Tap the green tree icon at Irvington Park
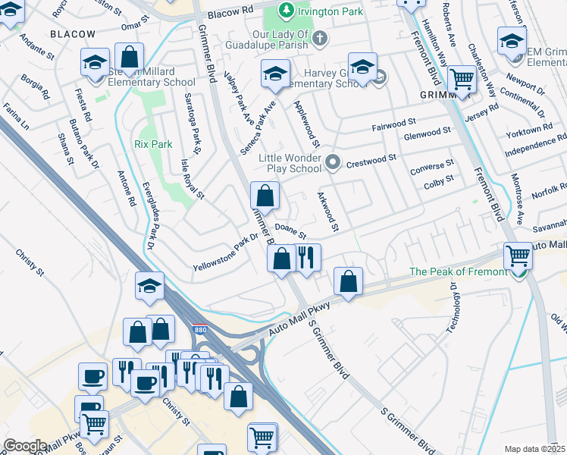[x=285, y=10]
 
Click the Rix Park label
[x=153, y=143]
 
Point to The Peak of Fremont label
[x=457, y=271]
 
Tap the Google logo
[x=25, y=446]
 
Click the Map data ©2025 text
[x=534, y=449]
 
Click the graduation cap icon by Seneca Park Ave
[x=274, y=74]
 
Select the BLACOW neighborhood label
[x=73, y=34]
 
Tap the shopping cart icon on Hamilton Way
[x=461, y=78]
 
